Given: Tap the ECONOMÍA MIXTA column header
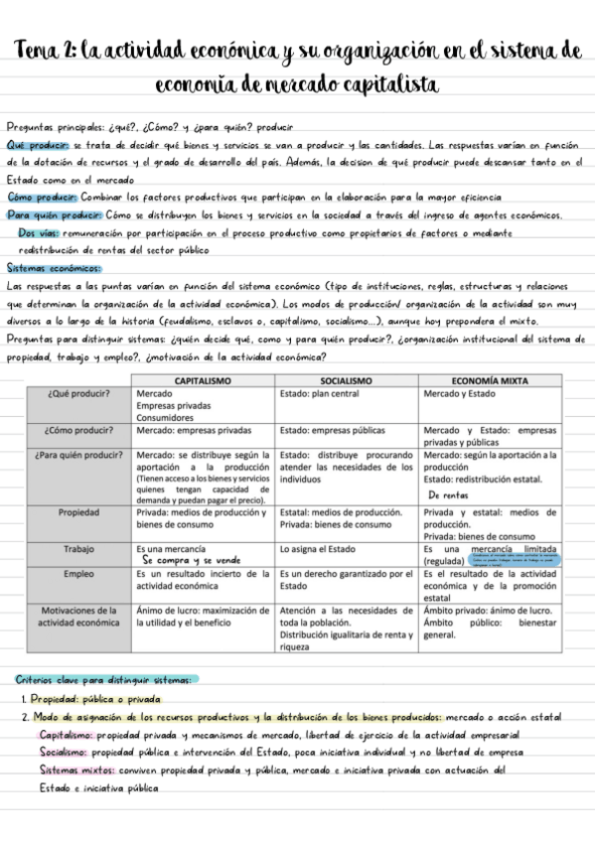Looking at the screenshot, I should pyautogui.click(x=490, y=381).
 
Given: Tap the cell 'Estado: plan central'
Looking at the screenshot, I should pyautogui.click(x=323, y=394).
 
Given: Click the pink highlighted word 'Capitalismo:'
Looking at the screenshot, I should pyautogui.click(x=67, y=735).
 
